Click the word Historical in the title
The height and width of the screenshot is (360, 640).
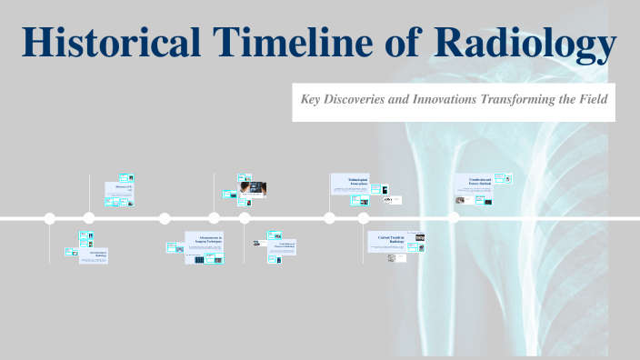coord(108,43)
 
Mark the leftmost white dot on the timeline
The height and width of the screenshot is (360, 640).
coord(50,218)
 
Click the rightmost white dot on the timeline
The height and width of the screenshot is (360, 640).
coord(454,218)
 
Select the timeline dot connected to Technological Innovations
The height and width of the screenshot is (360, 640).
coord(330,218)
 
